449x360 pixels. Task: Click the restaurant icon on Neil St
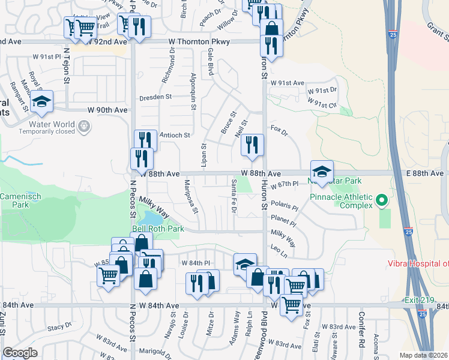(252, 145)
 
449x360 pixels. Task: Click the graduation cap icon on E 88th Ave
(322, 172)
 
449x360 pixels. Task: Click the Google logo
(20, 353)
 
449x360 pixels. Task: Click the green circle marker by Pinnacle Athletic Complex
(381, 200)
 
